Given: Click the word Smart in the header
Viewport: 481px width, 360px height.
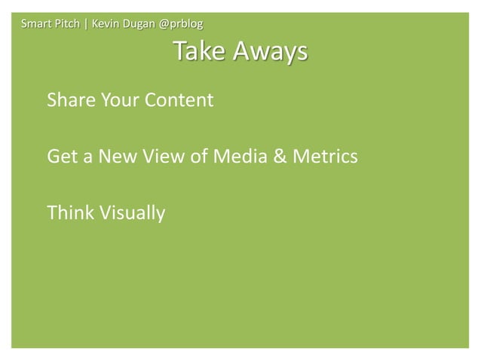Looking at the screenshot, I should [35, 23].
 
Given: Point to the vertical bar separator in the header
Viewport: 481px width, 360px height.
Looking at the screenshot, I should [86, 23].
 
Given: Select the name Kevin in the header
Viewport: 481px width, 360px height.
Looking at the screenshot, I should [105, 23].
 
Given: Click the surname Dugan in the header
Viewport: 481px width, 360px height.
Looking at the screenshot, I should [138, 23].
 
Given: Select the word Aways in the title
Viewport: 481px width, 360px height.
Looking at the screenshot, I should [270, 52].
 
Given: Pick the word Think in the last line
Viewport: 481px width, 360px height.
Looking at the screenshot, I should [69, 214].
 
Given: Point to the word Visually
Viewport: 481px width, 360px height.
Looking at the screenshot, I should [130, 214].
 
